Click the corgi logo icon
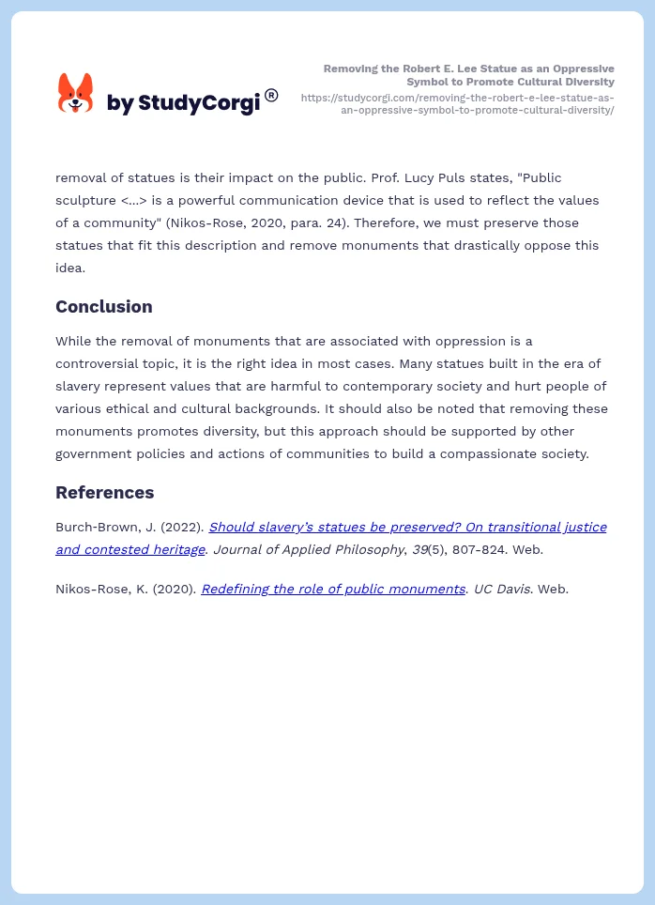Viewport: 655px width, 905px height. pos(76,93)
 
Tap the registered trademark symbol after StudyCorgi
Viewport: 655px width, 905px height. pos(271,95)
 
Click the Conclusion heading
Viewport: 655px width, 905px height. pos(103,306)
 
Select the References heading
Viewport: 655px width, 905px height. pos(104,492)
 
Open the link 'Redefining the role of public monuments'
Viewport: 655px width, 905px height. pos(333,589)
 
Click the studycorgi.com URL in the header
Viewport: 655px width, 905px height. pos(458,103)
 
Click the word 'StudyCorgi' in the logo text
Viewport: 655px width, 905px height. pos(199,103)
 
